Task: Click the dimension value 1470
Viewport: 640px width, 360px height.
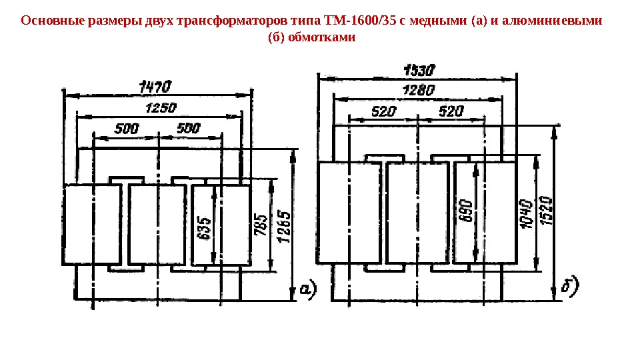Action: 155,87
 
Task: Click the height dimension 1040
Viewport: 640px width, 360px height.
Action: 526,213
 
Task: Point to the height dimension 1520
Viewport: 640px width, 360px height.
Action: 545,212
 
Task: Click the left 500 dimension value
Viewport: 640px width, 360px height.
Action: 127,128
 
